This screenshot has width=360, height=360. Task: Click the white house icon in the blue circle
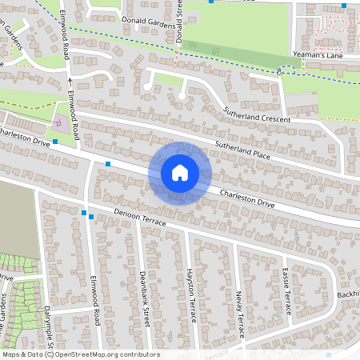[x=180, y=173]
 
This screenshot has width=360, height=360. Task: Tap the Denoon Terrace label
[x=140, y=217]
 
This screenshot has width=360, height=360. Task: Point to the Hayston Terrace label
[x=191, y=295]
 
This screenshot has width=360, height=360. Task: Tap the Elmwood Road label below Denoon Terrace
[x=94, y=301]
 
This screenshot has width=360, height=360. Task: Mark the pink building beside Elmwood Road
[x=62, y=123]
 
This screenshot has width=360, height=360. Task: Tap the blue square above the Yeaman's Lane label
[x=342, y=6]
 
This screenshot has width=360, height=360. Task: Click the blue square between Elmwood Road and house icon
[x=108, y=164]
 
